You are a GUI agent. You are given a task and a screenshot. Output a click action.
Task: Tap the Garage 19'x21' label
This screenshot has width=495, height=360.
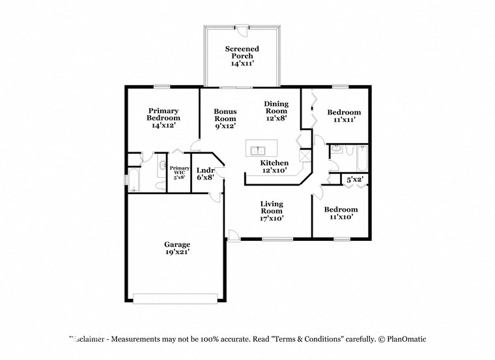177,248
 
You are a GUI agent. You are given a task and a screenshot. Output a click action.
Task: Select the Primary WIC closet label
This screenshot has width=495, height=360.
179,172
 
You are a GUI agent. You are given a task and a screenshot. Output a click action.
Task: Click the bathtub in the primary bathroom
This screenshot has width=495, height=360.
133,180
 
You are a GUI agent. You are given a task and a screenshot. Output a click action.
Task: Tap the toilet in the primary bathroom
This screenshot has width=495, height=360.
160,185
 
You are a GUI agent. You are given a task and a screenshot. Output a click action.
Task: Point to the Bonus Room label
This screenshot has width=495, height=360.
225,118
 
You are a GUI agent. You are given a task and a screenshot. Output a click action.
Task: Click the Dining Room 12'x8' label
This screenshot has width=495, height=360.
276,111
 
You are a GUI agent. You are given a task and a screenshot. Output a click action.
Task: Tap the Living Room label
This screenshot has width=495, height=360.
272,211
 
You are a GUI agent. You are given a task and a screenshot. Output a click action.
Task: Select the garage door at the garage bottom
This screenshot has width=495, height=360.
176,298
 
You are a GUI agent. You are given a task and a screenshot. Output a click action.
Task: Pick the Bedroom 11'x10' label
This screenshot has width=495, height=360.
341,213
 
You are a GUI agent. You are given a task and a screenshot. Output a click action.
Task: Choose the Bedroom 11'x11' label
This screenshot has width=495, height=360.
343,117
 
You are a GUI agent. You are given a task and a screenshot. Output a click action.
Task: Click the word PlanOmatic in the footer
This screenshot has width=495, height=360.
403,339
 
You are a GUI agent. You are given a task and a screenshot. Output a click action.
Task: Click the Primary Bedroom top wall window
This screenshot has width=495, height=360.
162,86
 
